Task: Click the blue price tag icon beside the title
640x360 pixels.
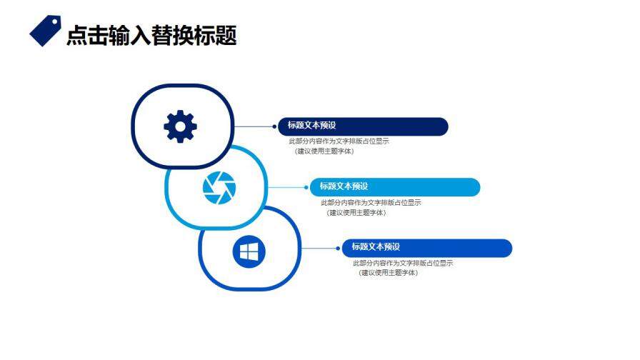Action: [45, 32]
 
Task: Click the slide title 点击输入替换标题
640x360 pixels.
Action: [151, 35]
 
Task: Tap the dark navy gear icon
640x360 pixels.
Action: [180, 127]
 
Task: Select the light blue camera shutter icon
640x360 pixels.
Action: [219, 188]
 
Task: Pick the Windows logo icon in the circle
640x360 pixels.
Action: [249, 251]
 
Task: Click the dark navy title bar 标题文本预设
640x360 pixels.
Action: [363, 126]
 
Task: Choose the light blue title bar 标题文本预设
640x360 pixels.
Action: [395, 187]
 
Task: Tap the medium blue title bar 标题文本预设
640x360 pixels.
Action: [427, 248]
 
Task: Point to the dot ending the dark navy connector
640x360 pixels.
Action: [274, 126]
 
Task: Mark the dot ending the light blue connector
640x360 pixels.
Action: [306, 187]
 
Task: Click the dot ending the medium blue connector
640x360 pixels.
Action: [339, 248]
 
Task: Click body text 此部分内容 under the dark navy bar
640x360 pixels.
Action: [339, 141]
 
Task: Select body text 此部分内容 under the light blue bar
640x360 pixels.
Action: [371, 202]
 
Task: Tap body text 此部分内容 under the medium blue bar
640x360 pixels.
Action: [403, 263]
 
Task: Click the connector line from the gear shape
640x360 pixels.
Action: [254, 126]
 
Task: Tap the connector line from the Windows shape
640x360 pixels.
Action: [318, 248]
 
